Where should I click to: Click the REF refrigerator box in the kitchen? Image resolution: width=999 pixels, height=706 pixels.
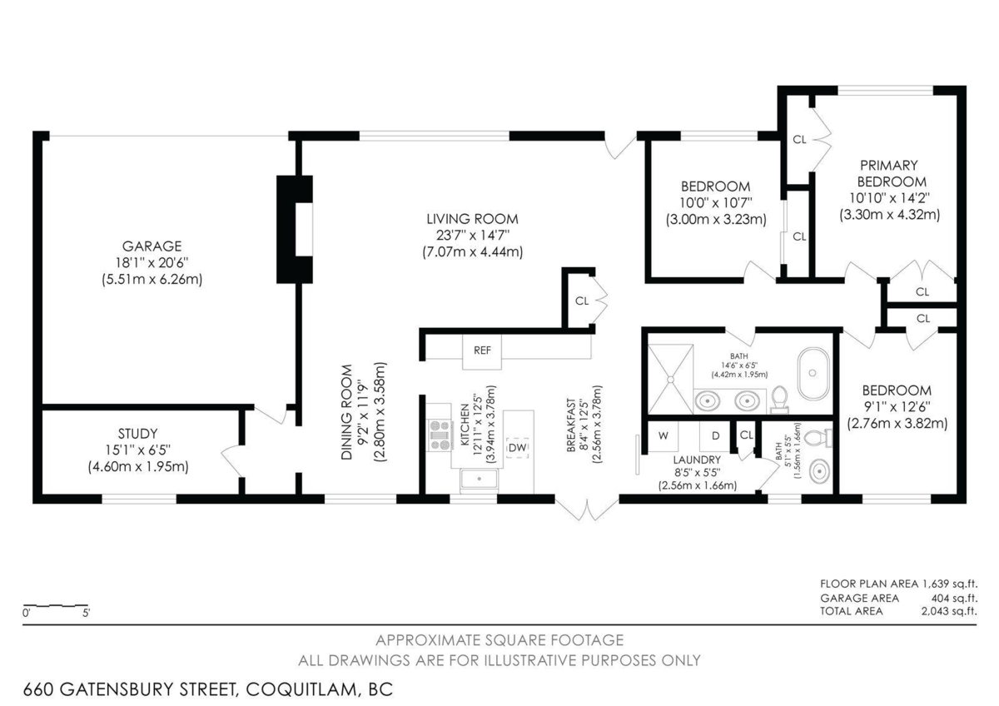482,350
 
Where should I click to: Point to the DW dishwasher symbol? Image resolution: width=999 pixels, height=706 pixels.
517,448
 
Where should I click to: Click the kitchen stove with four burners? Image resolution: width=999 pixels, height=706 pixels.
439,434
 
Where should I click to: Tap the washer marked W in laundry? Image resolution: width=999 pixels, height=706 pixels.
664,435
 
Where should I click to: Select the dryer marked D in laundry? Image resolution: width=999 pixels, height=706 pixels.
714,435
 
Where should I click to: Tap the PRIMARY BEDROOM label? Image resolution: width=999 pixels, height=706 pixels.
888,173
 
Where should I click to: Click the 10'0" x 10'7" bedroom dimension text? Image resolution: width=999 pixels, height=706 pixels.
715,202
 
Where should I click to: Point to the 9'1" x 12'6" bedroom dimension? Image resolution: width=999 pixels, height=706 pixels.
897,406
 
